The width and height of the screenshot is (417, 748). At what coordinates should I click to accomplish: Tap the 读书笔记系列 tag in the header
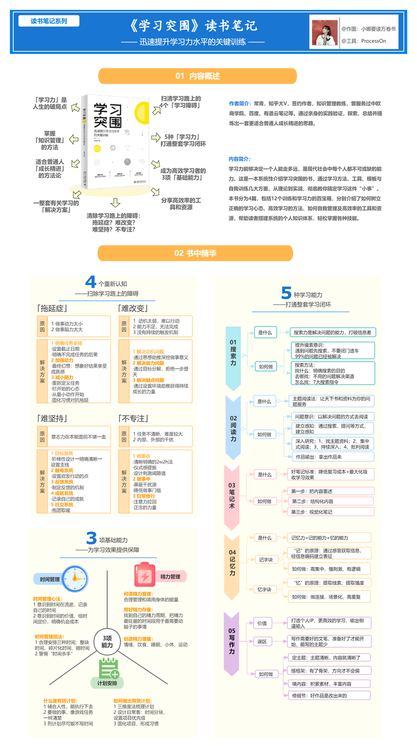click(x=49, y=21)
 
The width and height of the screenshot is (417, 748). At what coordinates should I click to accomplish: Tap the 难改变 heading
click(x=133, y=308)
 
